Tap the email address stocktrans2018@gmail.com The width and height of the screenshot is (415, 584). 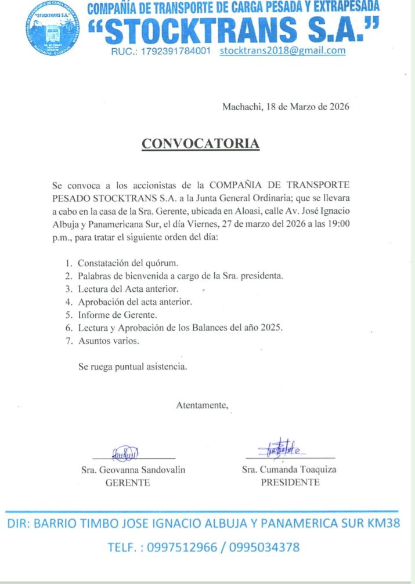coord(283,50)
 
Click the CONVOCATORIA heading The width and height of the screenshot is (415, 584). coord(200,144)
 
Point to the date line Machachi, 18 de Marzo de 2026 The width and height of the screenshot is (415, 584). coord(286,107)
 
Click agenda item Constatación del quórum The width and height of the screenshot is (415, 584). coord(124,263)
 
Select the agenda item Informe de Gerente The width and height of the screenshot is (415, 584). coord(118,315)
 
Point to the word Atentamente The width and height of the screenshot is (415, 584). coord(202,405)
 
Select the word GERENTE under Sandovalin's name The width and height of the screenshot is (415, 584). coord(127,483)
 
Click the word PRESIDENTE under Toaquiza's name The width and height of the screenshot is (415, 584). coord(290,483)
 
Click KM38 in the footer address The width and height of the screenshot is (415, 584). coord(384,524)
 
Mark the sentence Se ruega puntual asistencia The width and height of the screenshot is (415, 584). coord(133,367)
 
